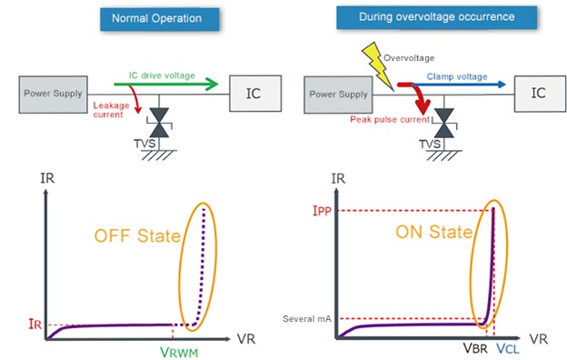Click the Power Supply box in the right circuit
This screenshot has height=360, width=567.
pos(337,93)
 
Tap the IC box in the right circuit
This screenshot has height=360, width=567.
pos(537,92)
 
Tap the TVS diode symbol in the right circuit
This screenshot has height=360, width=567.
pos(443,122)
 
